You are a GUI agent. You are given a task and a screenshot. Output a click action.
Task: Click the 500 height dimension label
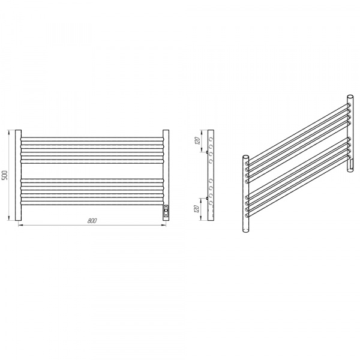pos(5,175)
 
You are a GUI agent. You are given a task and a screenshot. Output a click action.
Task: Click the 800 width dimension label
pos(92,221)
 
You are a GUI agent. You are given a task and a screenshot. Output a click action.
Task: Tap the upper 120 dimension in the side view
pos(197,140)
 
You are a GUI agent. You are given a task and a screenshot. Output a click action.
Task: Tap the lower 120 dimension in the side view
pos(197,209)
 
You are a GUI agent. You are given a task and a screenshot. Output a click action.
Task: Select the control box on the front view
pos(166,211)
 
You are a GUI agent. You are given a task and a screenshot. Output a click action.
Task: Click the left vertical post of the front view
pos(19,175)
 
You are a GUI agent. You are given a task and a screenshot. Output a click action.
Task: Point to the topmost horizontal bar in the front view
pos(92,139)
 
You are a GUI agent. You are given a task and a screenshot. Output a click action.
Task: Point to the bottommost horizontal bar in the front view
pos(92,203)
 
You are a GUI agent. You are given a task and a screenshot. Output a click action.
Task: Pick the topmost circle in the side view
pos(211,139)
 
